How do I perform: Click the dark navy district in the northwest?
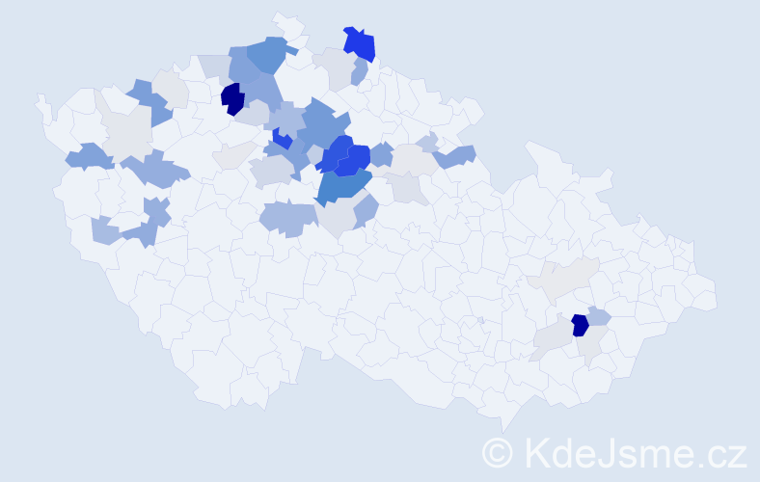click(231, 98)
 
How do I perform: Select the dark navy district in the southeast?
click(580, 325)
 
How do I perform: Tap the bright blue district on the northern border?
click(361, 43)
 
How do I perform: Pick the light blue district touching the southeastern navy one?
click(599, 316)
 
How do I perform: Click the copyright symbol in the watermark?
click(499, 452)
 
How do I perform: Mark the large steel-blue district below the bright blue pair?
click(342, 186)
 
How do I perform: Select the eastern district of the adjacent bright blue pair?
click(358, 157)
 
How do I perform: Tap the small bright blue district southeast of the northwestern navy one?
click(282, 139)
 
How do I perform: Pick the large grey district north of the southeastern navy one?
click(564, 281)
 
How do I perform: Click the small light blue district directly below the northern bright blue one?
click(360, 71)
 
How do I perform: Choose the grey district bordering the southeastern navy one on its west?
click(552, 336)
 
